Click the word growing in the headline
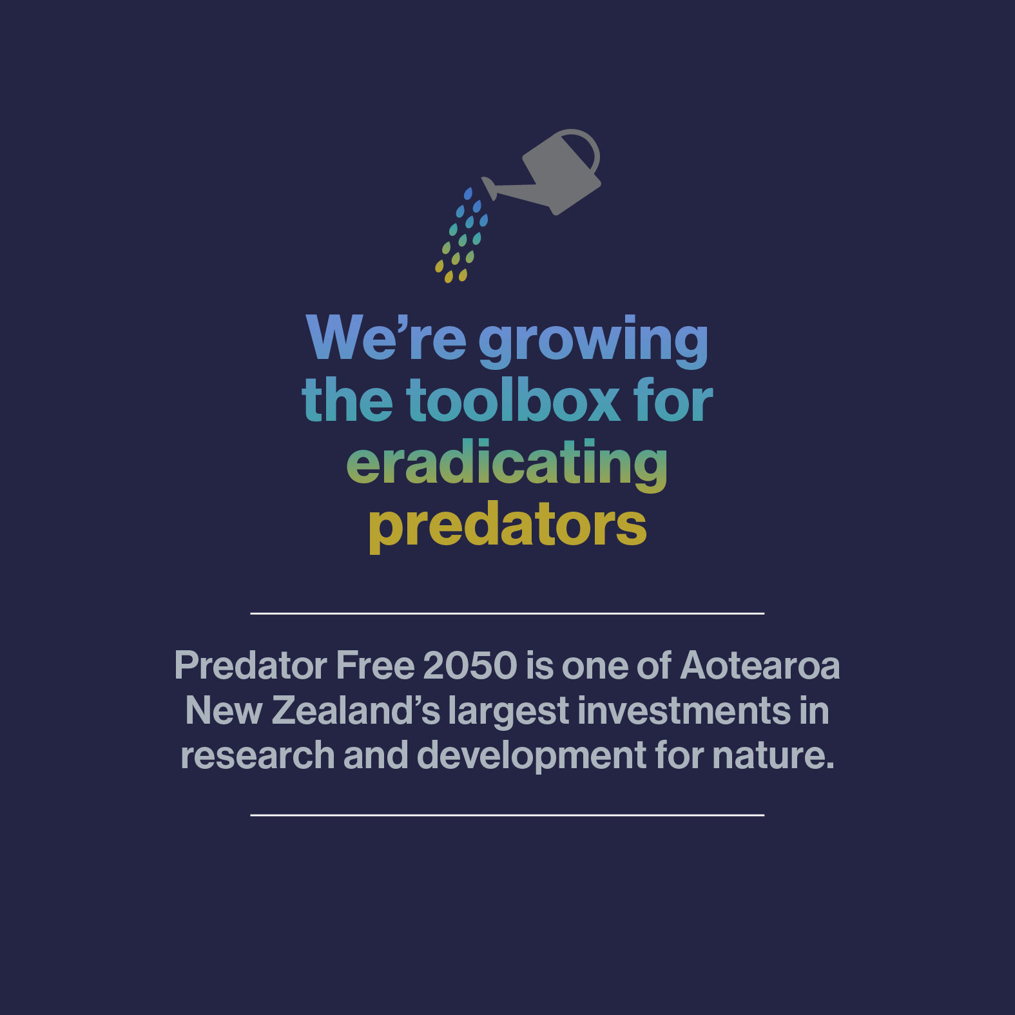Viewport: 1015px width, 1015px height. [593, 340]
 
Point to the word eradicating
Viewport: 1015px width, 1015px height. [507, 464]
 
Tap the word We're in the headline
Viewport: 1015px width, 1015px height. [386, 338]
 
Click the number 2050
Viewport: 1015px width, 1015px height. [470, 665]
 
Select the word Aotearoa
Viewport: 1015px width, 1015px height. [760, 665]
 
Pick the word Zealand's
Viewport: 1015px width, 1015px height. [356, 710]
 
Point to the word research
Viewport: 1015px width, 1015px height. [258, 755]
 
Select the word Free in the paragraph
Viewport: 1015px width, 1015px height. [375, 665]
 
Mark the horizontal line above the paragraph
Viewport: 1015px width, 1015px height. [507, 614]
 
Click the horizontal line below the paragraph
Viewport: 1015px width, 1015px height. [507, 815]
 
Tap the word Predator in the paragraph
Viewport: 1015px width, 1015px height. [251, 665]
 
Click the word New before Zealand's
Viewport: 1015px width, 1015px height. [224, 710]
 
